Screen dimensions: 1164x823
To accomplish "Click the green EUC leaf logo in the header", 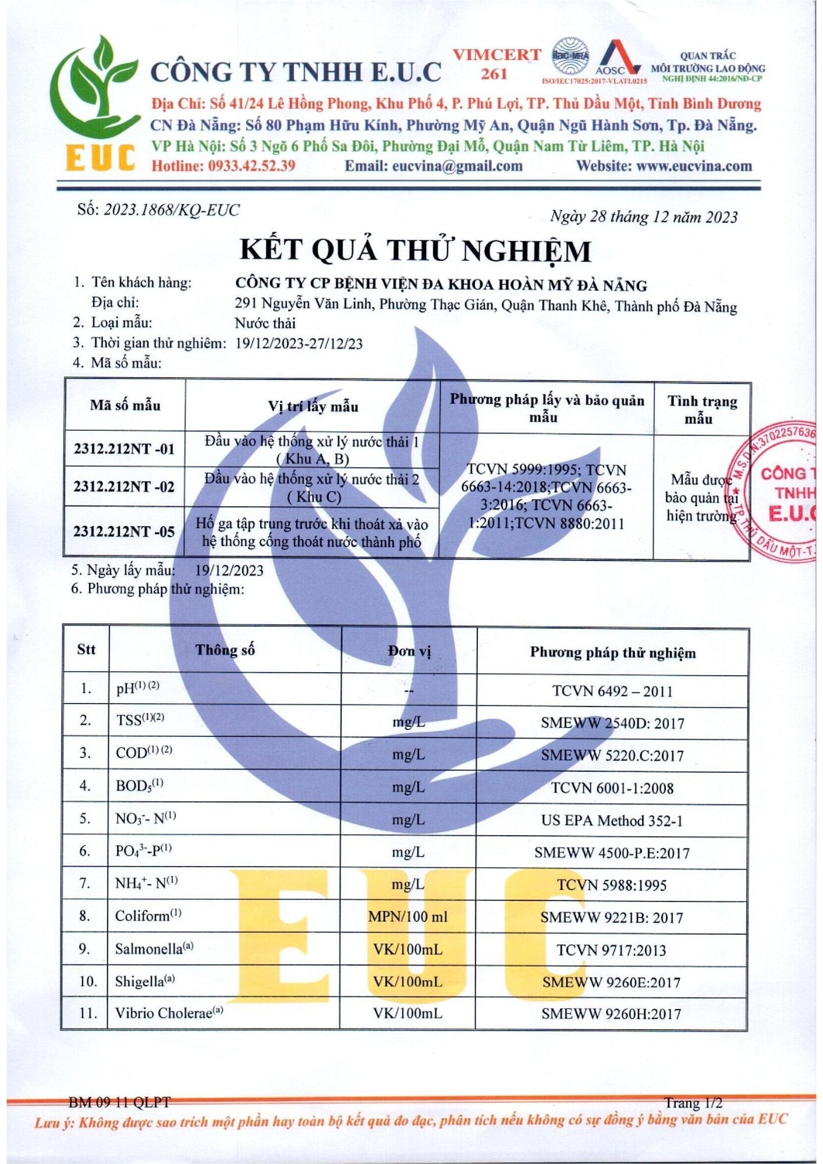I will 96,102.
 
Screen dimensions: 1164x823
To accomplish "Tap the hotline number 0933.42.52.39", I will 251,166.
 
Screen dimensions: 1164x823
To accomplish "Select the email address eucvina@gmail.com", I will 457,166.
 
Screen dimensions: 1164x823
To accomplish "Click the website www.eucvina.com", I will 694,166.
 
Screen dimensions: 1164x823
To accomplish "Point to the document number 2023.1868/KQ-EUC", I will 171,210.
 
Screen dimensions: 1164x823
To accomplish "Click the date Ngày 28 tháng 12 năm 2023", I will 643,217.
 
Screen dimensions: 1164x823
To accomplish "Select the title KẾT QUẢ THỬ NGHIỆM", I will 416,250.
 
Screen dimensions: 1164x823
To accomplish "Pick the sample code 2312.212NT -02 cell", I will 124,487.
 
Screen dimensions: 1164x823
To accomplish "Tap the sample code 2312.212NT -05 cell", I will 124,531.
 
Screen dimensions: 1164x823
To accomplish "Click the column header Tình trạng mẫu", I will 702,409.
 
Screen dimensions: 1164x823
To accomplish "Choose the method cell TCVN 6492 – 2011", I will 612,691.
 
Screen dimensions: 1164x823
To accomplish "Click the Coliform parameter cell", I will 148,915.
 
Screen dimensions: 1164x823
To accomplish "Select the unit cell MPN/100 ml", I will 408,917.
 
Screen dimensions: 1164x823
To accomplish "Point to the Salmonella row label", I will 154,949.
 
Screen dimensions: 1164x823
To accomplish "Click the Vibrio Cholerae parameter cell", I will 169,1013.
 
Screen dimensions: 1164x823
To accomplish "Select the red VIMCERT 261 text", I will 496,64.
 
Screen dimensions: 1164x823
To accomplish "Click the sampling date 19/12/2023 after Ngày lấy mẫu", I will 229,570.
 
